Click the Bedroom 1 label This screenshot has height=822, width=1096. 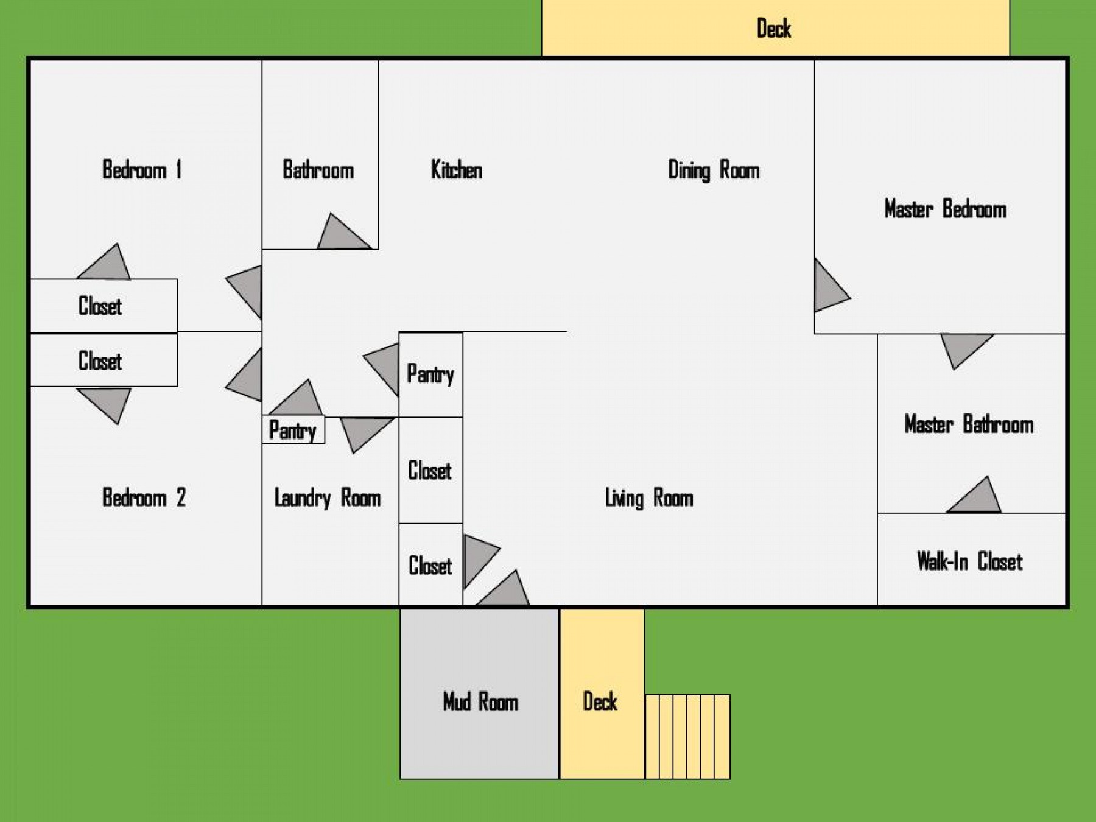coord(142,169)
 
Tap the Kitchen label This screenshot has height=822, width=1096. coord(456,170)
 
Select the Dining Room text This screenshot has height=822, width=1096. coord(714,170)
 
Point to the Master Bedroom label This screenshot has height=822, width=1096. coord(945,209)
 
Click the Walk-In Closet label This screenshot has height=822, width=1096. coord(969,561)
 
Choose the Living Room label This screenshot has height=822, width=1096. coord(649,498)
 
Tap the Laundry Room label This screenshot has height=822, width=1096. coord(328,498)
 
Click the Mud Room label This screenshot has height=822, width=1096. coord(480,702)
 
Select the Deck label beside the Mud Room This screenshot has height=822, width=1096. coord(600,701)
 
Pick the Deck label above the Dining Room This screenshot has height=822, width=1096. coord(773,29)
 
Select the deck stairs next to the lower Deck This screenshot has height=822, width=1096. coord(687,737)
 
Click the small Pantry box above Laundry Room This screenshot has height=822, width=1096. coord(293,430)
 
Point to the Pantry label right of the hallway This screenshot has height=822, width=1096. coord(430,374)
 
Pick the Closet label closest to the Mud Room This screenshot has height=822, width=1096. coord(430,566)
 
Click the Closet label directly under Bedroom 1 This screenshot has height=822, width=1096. coord(100,306)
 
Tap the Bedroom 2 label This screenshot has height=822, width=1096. coord(144,498)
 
